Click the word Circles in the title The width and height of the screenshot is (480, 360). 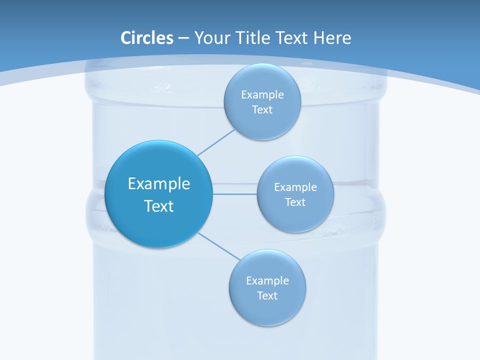tap(146, 38)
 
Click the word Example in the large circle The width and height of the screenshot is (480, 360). tap(159, 183)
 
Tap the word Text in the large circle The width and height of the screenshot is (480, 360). tap(159, 206)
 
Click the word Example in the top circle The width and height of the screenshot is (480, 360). tap(262, 94)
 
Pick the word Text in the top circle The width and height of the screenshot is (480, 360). tap(262, 109)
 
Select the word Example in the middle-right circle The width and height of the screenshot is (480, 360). tap(295, 187)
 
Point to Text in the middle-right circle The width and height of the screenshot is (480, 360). tap(295, 202)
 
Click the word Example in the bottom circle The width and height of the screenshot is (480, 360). tap(267, 280)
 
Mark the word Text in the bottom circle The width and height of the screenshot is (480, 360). tap(267, 295)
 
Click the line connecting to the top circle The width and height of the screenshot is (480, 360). tap(216, 142)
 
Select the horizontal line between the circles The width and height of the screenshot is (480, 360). tap(234, 193)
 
